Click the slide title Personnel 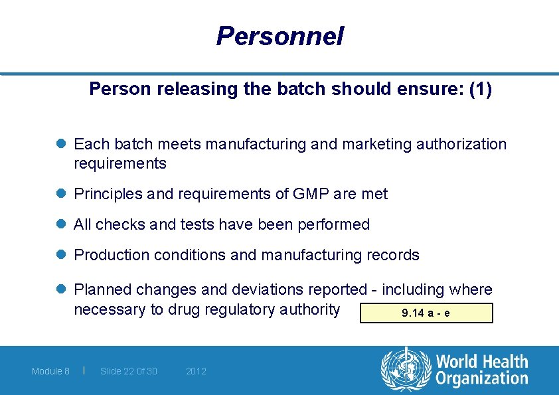[x=279, y=36]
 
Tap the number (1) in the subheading [x=480, y=90]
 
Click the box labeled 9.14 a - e [x=426, y=313]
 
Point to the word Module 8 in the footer [x=50, y=371]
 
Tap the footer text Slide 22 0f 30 [x=129, y=371]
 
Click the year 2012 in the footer [x=196, y=371]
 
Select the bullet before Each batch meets [x=61, y=144]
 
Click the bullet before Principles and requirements [x=61, y=194]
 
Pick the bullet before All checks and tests [x=61, y=224]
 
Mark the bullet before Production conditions [x=61, y=255]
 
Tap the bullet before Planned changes [x=61, y=289]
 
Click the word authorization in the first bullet [x=461, y=144]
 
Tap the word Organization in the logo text [x=481, y=379]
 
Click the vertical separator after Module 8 [x=84, y=370]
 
